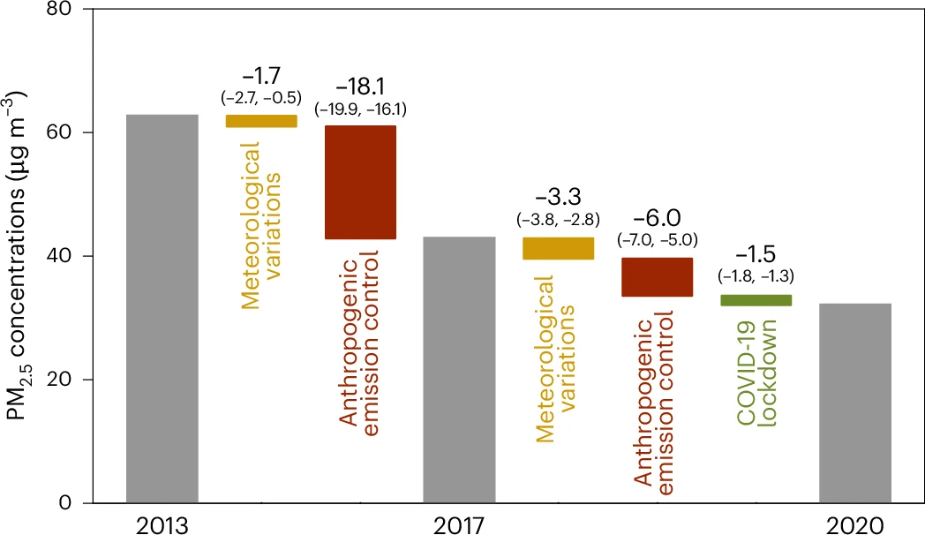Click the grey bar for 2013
162,309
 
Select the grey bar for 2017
459,370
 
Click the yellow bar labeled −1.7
261,121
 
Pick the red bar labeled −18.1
360,183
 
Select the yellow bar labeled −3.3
558,248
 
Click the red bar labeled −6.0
657,277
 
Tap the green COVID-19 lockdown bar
756,300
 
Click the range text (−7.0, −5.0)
657,238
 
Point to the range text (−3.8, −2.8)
558,218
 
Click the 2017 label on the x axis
459,525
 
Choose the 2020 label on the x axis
854,525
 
